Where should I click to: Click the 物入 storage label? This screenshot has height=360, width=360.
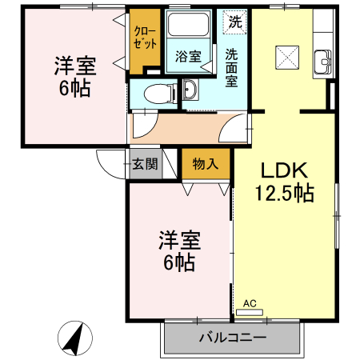click(x=205, y=165)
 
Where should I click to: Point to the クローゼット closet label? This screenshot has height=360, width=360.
click(x=145, y=39)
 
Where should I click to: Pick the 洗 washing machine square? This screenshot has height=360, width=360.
click(x=234, y=22)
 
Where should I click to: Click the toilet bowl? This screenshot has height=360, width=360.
click(x=160, y=92)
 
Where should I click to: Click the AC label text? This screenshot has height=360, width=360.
click(x=250, y=302)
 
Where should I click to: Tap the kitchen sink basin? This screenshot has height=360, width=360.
click(x=323, y=60)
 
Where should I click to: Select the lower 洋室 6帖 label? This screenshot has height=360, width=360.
click(x=178, y=251)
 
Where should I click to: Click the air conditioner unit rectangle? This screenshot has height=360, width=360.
click(x=254, y=312)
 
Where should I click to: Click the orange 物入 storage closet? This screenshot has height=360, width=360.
click(x=206, y=166)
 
